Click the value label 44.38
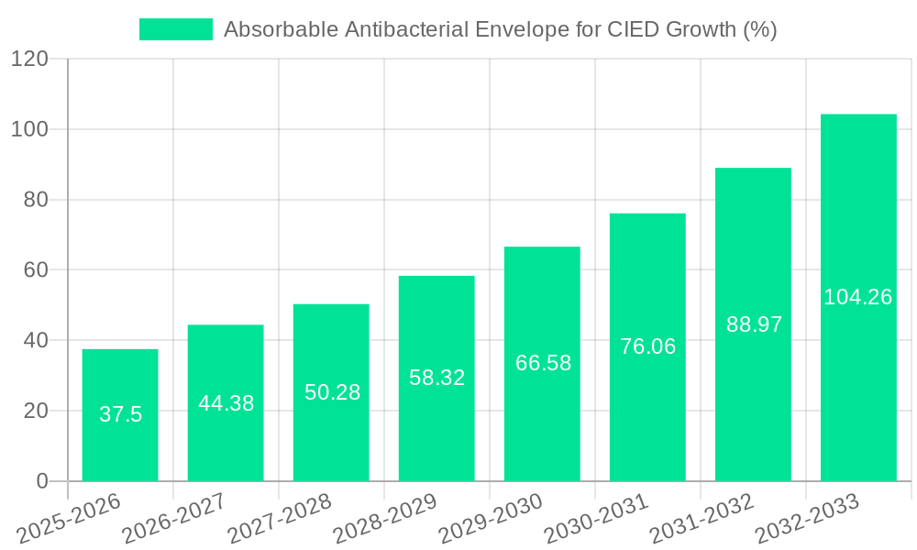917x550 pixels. pyautogui.click(x=226, y=403)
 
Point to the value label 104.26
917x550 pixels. pyautogui.click(x=858, y=297)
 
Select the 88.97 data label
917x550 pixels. pyautogui.click(x=754, y=324)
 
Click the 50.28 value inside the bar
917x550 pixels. pyautogui.click(x=332, y=392)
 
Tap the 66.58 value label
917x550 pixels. pyautogui.click(x=543, y=363)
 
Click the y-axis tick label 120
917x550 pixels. pyautogui.click(x=29, y=59)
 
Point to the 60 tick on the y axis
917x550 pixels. pyautogui.click(x=35, y=269)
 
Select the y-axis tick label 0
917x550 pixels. pyautogui.click(x=42, y=481)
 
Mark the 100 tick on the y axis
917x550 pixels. pyautogui.click(x=29, y=129)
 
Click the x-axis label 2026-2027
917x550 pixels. pyautogui.click(x=174, y=519)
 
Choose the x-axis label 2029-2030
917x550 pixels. pyautogui.click(x=491, y=519)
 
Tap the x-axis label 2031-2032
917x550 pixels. pyautogui.click(x=702, y=519)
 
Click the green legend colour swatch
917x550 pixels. pyautogui.click(x=175, y=29)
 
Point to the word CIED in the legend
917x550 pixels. pyautogui.click(x=631, y=29)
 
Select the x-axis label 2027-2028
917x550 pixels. pyautogui.click(x=280, y=519)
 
